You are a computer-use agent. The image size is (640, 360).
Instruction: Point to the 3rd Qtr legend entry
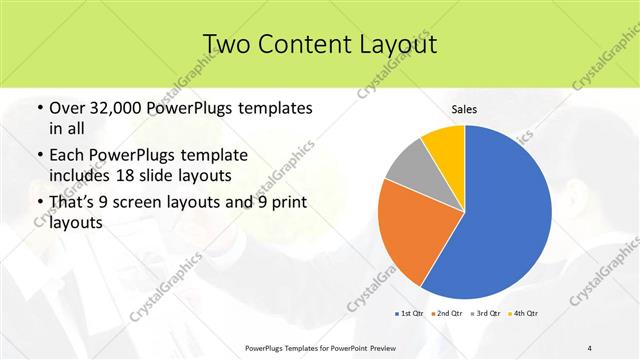coord(487,314)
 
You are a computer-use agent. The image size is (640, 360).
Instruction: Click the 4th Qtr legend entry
coord(524,314)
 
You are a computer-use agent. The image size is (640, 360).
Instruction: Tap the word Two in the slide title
coord(227,43)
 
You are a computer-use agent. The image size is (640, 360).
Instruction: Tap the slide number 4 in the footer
coord(590,347)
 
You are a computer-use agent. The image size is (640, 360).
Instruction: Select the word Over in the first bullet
coord(67,108)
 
